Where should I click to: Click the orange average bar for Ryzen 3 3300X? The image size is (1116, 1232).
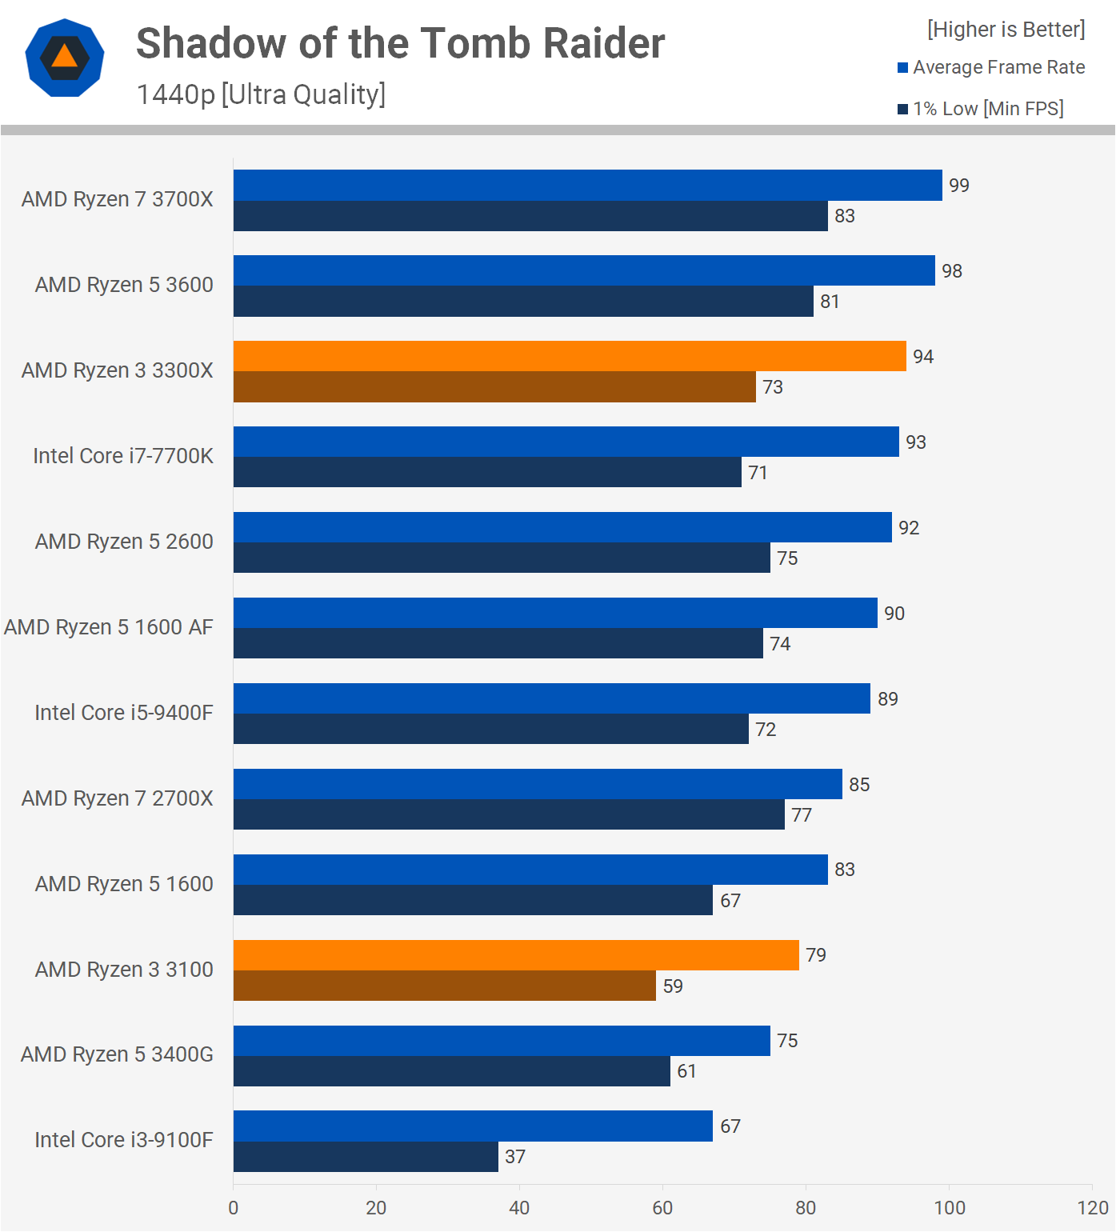pyautogui.click(x=570, y=356)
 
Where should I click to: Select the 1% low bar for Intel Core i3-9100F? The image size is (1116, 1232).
pyautogui.click(x=366, y=1157)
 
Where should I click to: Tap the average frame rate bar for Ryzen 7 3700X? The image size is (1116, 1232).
pyautogui.click(x=587, y=185)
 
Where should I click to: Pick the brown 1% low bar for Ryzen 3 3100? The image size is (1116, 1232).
pyautogui.click(x=444, y=986)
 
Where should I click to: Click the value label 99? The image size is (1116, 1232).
pyautogui.click(x=958, y=186)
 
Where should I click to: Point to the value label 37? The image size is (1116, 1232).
pyautogui.click(x=515, y=1157)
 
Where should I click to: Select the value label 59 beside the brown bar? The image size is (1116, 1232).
pyautogui.click(x=673, y=986)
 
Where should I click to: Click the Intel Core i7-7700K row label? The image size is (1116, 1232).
pyautogui.click(x=123, y=456)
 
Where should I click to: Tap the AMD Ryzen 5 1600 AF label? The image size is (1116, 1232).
pyautogui.click(x=109, y=627)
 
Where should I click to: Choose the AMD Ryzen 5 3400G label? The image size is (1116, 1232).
pyautogui.click(x=117, y=1054)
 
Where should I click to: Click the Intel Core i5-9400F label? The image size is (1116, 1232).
pyautogui.click(x=124, y=713)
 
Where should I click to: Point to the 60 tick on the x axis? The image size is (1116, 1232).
pyautogui.click(x=662, y=1208)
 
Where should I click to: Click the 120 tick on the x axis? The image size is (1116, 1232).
pyautogui.click(x=1092, y=1208)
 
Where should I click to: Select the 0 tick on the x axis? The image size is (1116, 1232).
pyautogui.click(x=234, y=1208)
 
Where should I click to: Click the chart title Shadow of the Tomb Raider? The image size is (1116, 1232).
pyautogui.click(x=400, y=43)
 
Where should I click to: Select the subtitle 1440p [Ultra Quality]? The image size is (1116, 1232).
pyautogui.click(x=261, y=94)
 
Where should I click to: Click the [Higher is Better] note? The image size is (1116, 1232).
pyautogui.click(x=1006, y=30)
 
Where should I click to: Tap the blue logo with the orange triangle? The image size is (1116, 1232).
pyautogui.click(x=65, y=58)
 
